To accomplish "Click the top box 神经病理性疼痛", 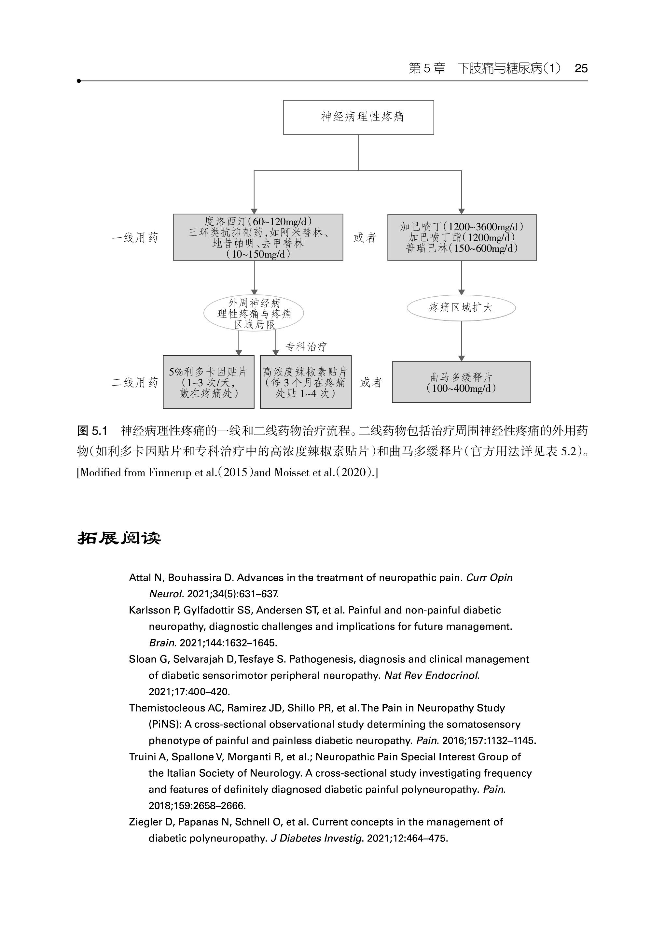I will point(358,117).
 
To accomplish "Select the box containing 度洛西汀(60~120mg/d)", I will point(258,237).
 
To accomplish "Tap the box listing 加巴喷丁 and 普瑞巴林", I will point(462,237).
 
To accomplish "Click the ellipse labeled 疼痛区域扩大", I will point(461,308).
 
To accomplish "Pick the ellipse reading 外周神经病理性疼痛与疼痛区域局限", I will point(254,314).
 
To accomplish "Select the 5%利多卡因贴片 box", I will point(208,382).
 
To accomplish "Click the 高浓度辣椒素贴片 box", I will point(306,382).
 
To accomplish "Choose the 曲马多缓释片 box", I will point(461,382).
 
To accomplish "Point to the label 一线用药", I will point(135,238).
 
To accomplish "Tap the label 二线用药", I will point(135,383).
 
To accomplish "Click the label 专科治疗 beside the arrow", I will point(306,347).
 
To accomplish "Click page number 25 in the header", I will point(581,68).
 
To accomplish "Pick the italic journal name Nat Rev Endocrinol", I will point(432,675).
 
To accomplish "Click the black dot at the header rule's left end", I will point(79,81).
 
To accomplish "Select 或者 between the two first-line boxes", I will point(365,238).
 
